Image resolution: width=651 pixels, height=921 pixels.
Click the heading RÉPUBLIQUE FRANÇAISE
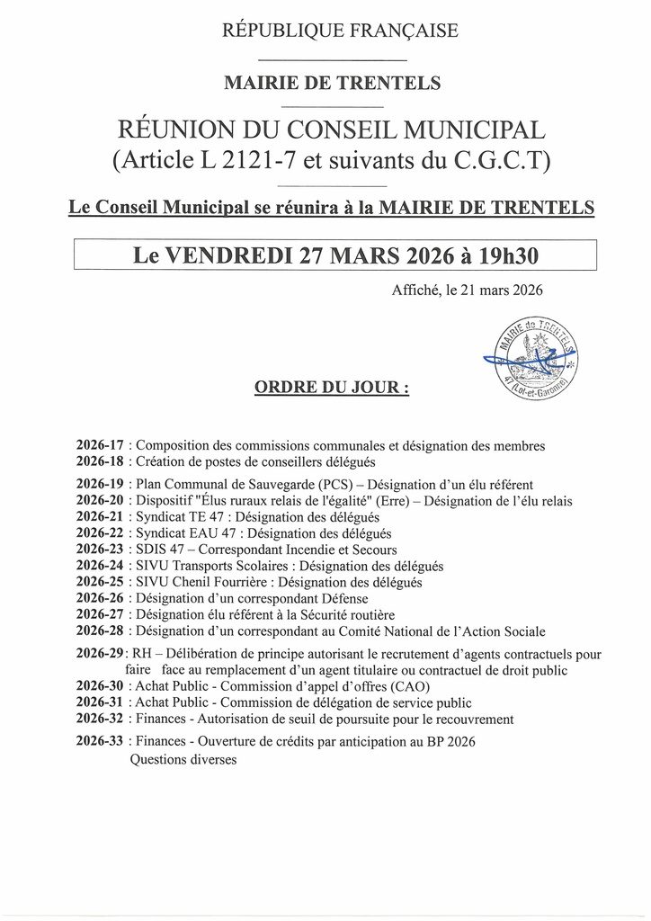click(340, 31)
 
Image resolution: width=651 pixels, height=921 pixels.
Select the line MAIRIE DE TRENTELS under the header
click(332, 84)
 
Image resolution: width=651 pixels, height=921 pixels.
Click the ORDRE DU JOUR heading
click(332, 389)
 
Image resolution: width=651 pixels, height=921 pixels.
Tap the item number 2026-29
click(100, 654)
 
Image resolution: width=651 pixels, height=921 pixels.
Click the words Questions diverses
click(183, 759)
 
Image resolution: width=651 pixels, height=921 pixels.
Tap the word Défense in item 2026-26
click(343, 599)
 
